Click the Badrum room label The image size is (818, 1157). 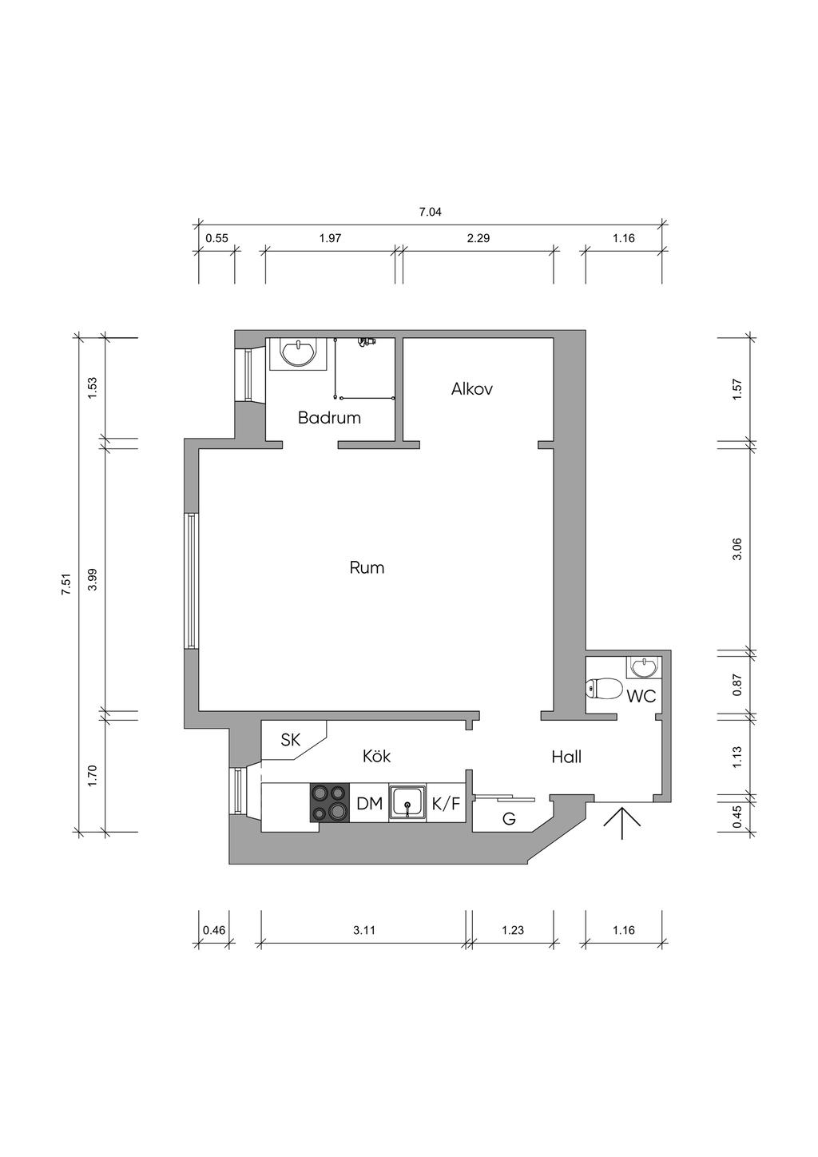(x=329, y=417)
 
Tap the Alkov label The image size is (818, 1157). (x=471, y=388)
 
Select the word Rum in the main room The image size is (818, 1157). (x=367, y=567)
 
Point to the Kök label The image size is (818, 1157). (x=376, y=756)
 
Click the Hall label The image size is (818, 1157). (x=566, y=757)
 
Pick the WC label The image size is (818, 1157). (x=641, y=696)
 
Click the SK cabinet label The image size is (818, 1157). (x=290, y=740)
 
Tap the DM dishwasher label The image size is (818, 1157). (x=370, y=803)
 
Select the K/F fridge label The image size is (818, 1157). (x=446, y=803)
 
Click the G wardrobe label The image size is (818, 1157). (x=509, y=819)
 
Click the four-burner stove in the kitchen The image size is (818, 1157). (x=329, y=803)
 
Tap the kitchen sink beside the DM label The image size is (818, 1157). (x=407, y=803)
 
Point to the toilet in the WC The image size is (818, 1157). (x=604, y=689)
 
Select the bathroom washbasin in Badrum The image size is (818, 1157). (x=297, y=354)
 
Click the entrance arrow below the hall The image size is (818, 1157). (x=622, y=823)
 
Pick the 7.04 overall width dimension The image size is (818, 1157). (x=431, y=212)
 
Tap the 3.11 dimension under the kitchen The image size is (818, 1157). (x=363, y=930)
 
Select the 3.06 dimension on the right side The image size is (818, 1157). (x=737, y=549)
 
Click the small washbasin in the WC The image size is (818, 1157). (x=642, y=667)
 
